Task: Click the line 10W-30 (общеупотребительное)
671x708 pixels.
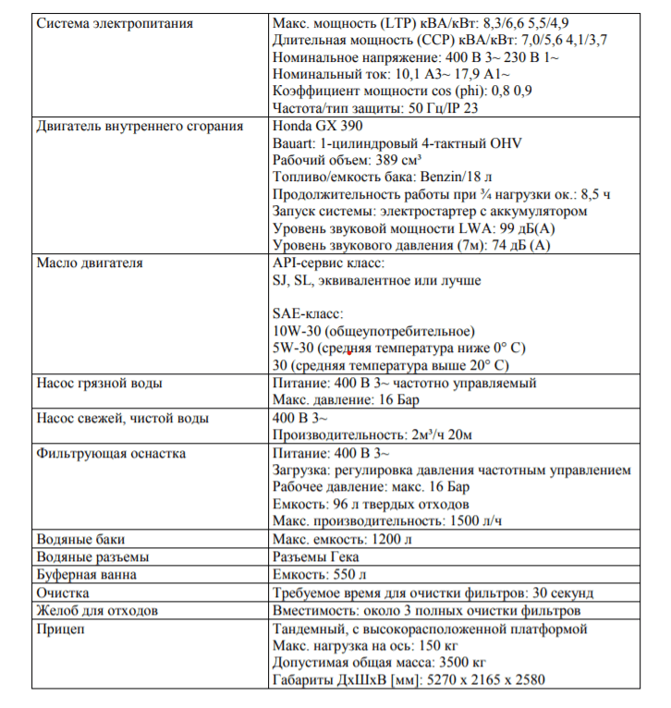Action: [373, 331]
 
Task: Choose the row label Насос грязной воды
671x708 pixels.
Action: [100, 383]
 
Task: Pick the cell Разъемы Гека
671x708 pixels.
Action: [316, 556]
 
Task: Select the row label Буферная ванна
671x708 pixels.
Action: [86, 574]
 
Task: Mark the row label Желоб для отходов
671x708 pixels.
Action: [96, 610]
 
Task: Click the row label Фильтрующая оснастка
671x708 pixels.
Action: [111, 453]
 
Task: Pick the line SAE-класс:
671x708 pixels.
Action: [308, 314]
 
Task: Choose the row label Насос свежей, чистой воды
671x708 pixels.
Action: [122, 418]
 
